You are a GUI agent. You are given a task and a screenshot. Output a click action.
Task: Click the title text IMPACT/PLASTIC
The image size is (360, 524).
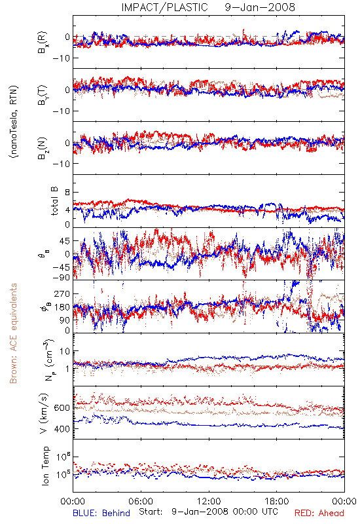164,7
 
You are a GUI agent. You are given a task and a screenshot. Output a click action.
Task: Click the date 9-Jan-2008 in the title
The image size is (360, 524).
260,7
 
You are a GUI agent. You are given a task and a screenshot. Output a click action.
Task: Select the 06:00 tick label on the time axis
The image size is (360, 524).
141,501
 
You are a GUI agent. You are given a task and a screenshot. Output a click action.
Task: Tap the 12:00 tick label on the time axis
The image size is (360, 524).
209,501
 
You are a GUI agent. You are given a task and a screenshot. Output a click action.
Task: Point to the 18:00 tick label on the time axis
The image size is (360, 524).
277,501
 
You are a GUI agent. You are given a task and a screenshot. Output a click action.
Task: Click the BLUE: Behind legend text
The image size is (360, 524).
101,513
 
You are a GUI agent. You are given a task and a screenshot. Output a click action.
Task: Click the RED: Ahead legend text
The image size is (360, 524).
319,513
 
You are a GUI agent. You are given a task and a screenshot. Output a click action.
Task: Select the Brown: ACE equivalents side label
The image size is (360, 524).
13,333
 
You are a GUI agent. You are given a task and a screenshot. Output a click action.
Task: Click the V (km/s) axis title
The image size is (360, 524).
44,413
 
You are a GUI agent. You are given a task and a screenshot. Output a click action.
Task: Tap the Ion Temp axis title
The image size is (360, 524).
45,465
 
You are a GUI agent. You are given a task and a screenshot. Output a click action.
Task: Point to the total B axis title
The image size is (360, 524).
54,201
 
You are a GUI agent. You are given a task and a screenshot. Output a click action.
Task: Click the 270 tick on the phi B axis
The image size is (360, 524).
63,293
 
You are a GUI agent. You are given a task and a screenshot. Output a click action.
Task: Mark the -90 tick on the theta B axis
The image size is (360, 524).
61,277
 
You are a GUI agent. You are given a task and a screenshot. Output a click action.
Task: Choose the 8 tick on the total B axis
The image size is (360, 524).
68,193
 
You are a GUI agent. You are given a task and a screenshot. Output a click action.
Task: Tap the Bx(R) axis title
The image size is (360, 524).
43,43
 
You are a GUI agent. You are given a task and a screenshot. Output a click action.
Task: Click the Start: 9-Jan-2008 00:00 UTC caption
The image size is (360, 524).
208,512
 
